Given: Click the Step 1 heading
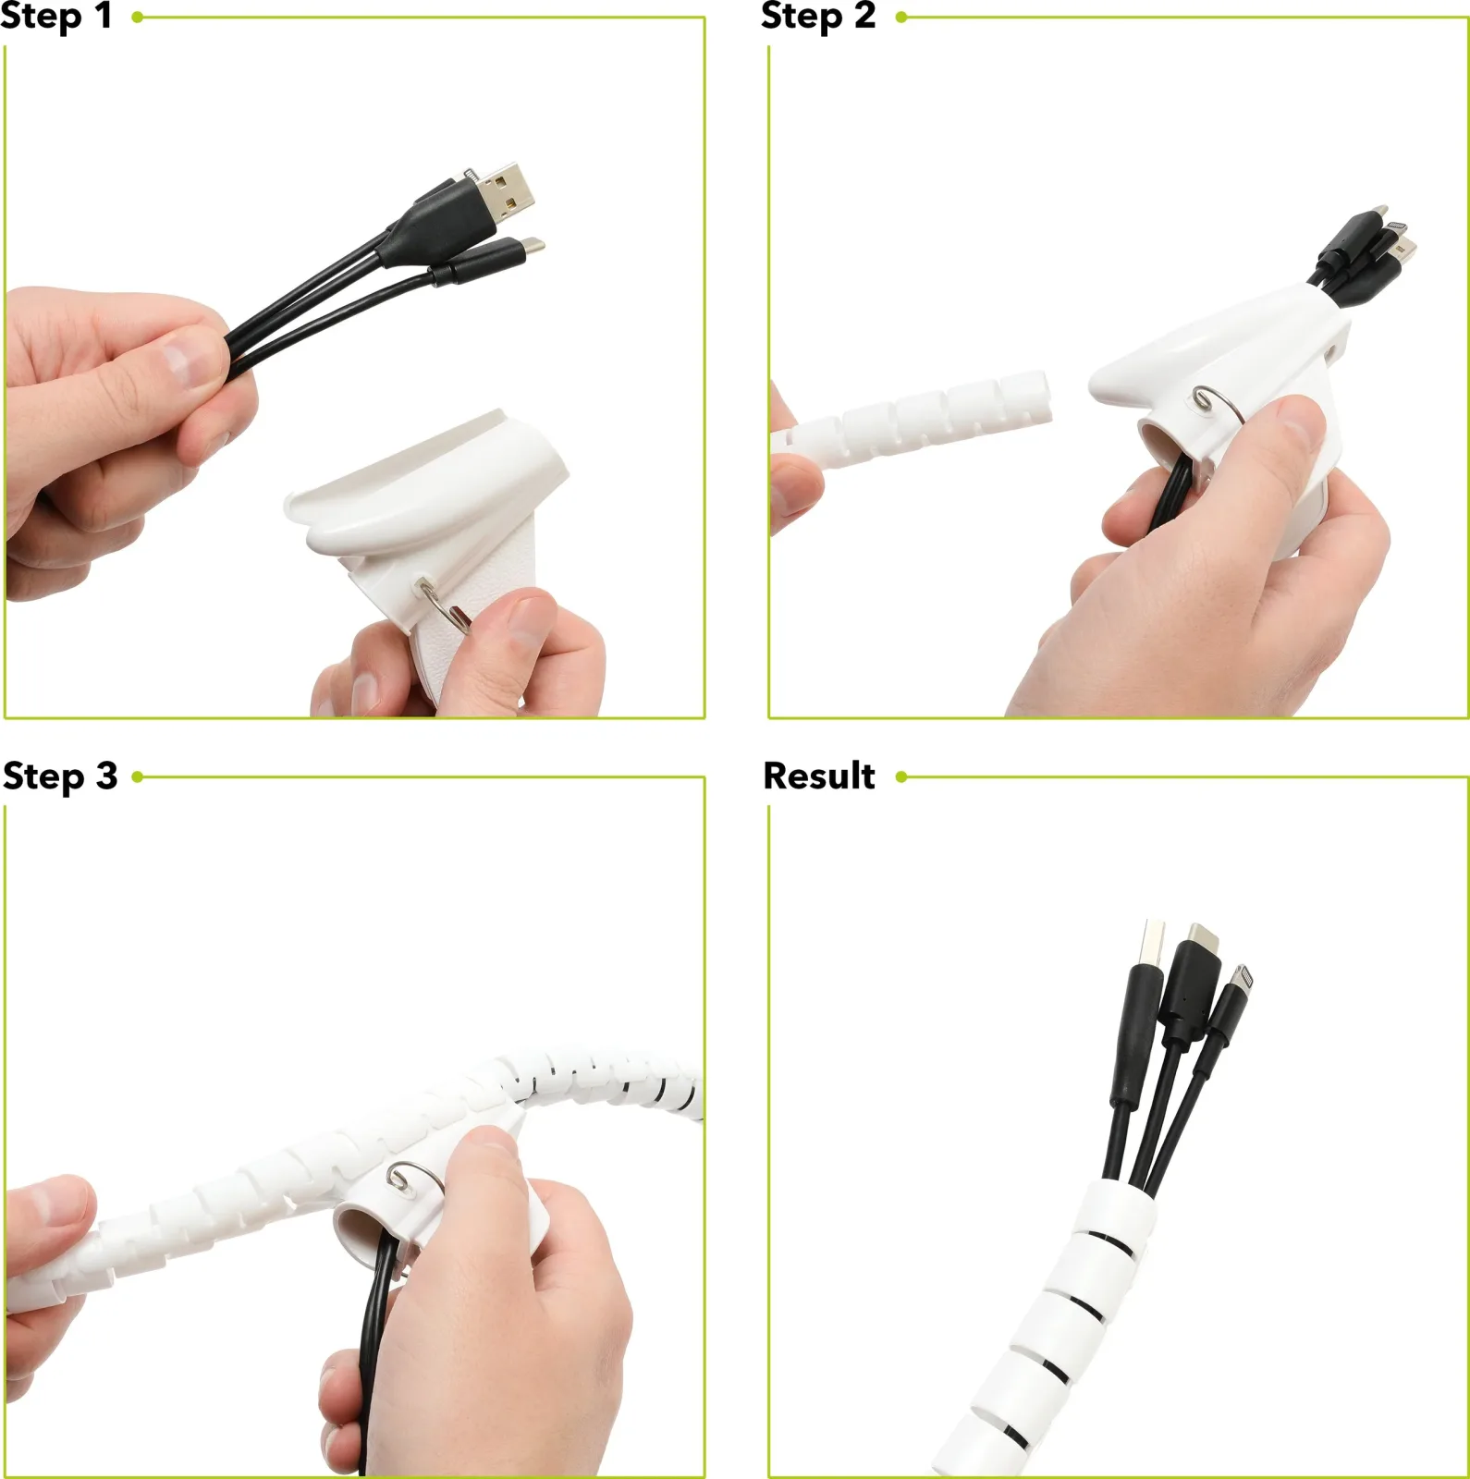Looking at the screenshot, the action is tap(55, 17).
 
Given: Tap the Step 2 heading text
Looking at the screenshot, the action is tap(818, 17).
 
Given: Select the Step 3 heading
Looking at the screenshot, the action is tap(60, 776).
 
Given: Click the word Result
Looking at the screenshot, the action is tap(819, 776).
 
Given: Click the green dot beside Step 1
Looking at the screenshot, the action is tap(137, 17).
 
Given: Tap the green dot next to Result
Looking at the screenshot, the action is tap(901, 776).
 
